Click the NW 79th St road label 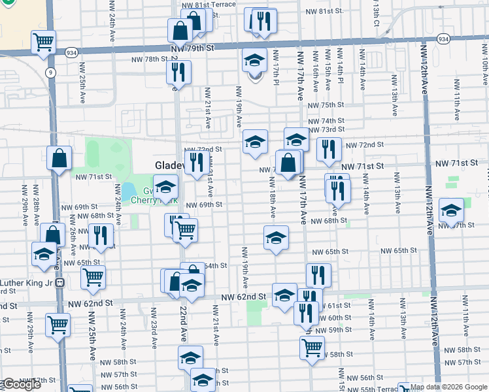point(192,48)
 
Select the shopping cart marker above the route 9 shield point(43,42)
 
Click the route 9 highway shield point(50,72)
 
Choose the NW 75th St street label point(326,105)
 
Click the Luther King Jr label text point(26,284)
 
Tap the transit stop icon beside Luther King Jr point(59,283)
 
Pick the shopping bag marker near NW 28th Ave point(59,159)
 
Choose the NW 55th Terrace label point(377,388)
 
